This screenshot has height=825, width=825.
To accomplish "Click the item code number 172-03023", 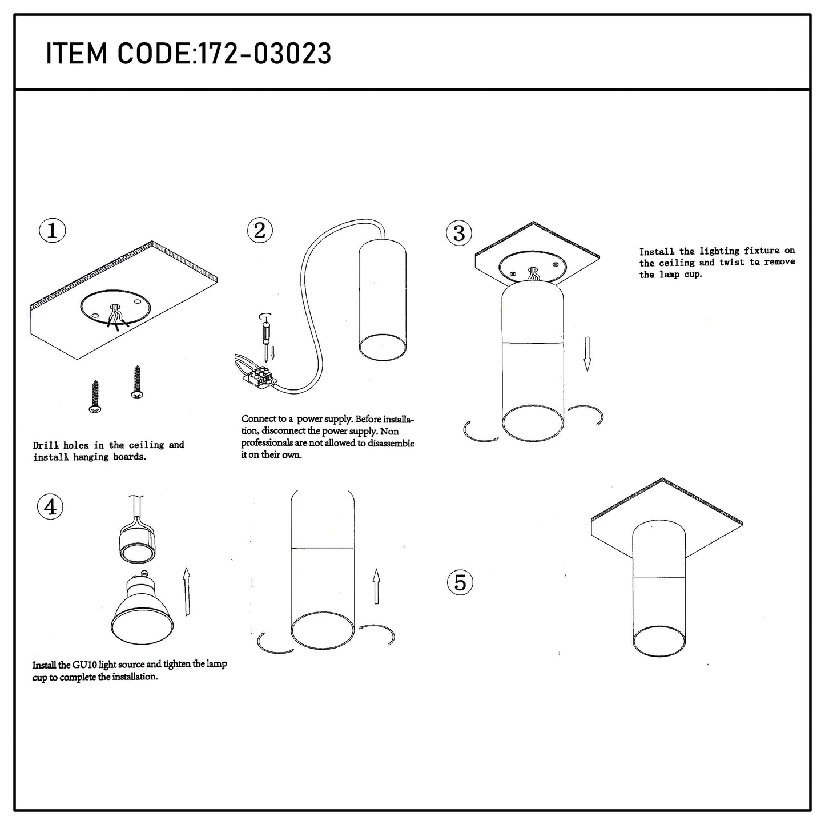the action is (x=265, y=54).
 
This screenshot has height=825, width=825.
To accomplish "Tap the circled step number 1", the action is (x=52, y=230).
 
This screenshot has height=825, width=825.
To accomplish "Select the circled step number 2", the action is (x=260, y=230).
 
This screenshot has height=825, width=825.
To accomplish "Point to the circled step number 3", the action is (x=459, y=234).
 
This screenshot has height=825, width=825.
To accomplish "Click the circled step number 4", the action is (x=50, y=508).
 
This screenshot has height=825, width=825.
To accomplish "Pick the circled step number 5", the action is (x=460, y=583).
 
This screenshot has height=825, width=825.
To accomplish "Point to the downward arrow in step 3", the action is (x=587, y=353).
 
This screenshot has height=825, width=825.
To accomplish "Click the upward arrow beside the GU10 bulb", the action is (x=186, y=592).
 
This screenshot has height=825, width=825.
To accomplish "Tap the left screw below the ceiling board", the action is (x=95, y=397).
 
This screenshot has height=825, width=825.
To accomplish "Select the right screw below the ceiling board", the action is (x=137, y=383).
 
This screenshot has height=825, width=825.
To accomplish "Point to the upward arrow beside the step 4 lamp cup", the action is (x=376, y=586).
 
